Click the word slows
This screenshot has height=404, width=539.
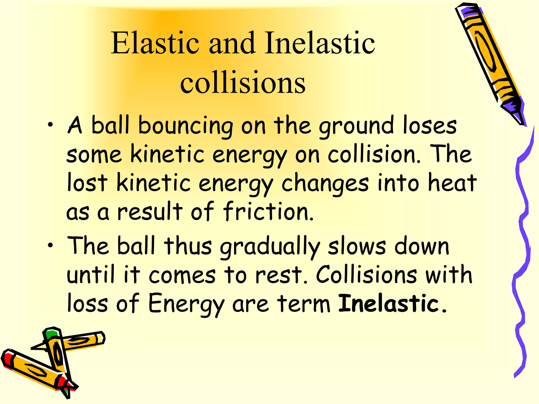coord(357,247)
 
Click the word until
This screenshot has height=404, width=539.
coord(91,275)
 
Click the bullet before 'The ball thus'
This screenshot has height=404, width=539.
coord(50,246)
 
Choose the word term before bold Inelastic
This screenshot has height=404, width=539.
coord(304,304)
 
